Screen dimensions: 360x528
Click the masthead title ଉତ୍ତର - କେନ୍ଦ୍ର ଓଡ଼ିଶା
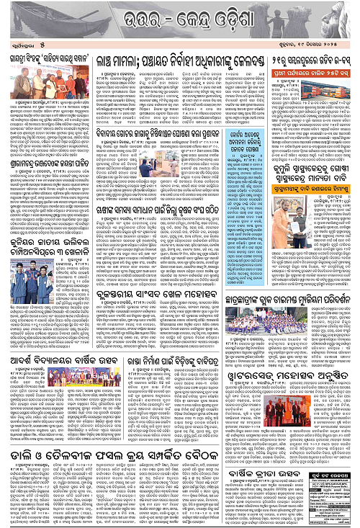coord(180,16)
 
